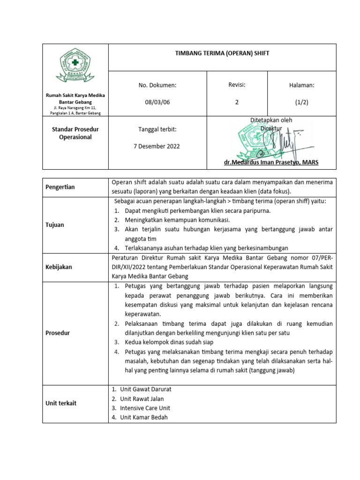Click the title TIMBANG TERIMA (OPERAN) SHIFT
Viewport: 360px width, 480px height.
[x=222, y=53]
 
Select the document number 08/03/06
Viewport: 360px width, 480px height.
[x=157, y=102]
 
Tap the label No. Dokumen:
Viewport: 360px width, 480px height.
[x=157, y=85]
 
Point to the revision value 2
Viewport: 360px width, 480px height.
[x=237, y=102]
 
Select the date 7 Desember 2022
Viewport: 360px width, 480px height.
[x=157, y=146]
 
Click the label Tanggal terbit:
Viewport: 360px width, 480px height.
[x=157, y=129]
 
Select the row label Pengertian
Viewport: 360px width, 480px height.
[x=60, y=187]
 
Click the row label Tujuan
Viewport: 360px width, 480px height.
[x=55, y=225]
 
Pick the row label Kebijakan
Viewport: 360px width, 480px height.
[x=59, y=267]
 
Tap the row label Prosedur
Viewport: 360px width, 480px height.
[x=57, y=332]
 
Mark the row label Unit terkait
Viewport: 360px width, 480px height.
[x=61, y=403]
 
